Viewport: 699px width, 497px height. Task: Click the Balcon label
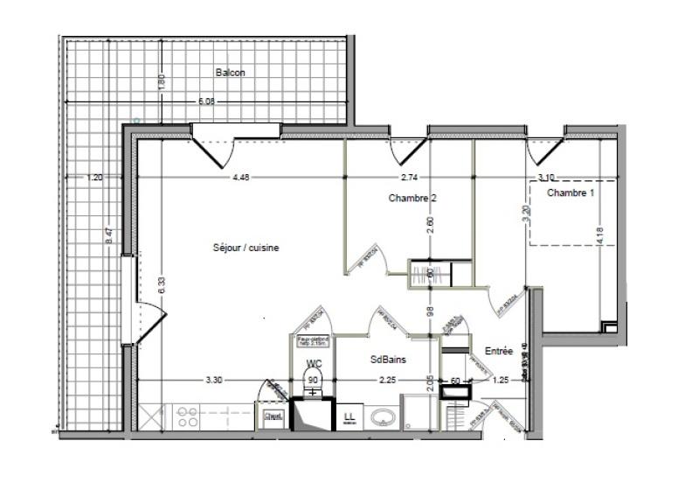coord(232,73)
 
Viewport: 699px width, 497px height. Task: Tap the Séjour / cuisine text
coord(246,248)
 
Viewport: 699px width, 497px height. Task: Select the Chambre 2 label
coord(412,199)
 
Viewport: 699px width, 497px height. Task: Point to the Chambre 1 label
coord(570,192)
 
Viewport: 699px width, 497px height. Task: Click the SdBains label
coord(388,359)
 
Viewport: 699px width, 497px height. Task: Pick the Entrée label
coord(498,351)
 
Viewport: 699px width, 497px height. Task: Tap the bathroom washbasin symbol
coord(383,417)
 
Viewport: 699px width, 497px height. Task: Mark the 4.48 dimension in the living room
coord(241,178)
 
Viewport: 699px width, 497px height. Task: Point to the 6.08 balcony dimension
coord(206,102)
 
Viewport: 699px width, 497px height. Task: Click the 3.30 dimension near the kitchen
coord(214,381)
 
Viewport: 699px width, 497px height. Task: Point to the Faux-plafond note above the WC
coord(311,344)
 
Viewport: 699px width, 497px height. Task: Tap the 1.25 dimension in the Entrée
coord(501,381)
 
